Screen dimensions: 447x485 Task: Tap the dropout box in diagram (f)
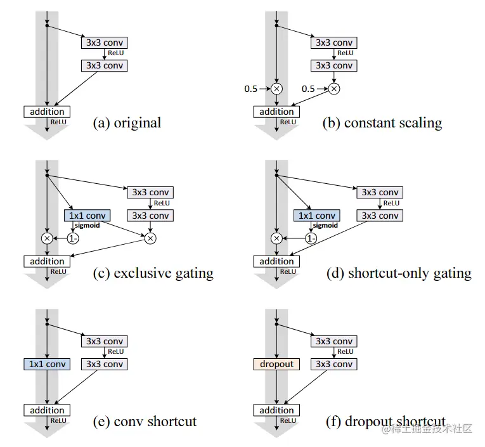click(277, 364)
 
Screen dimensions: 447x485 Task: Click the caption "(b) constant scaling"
click(382, 123)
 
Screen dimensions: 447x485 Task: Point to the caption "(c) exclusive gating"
click(153, 274)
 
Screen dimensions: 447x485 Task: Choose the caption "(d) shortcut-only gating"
click(399, 274)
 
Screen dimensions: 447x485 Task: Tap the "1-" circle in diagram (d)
click(311, 238)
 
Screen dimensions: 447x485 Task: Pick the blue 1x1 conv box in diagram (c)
click(87, 216)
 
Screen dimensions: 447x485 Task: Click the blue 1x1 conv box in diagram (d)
click(316, 216)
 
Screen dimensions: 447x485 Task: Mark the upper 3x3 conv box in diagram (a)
click(104, 42)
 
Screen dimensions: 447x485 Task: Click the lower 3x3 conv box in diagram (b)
click(333, 65)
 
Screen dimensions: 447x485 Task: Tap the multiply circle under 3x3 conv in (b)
click(333, 89)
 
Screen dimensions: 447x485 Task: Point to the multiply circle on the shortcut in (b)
click(276, 89)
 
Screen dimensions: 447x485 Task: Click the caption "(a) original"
click(127, 123)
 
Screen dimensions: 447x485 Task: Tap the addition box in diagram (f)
click(277, 410)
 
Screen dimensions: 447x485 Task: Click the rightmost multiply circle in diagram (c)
click(150, 238)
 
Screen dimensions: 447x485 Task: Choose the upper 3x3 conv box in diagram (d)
click(380, 192)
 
